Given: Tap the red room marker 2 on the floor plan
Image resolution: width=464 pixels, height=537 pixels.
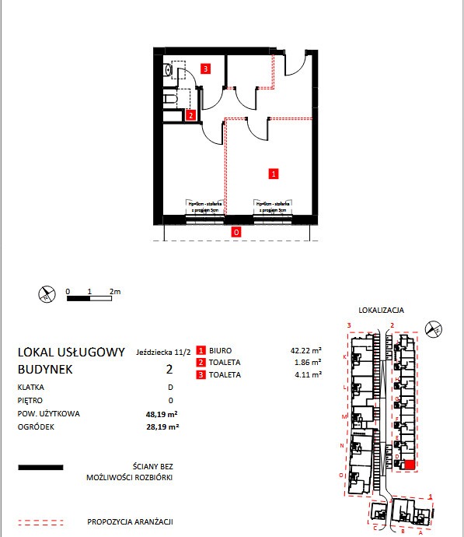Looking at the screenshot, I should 191,116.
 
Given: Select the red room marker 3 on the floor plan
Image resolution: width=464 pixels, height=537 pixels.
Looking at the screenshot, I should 205,68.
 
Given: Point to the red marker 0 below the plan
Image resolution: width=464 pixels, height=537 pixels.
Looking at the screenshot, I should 235,231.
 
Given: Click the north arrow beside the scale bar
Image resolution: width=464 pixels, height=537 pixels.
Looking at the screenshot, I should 47,293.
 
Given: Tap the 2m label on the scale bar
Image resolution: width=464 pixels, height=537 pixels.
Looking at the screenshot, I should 116,291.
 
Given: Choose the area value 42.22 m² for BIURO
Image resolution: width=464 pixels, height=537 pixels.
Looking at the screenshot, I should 306,350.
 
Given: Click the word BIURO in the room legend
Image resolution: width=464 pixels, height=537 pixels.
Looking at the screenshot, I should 221,350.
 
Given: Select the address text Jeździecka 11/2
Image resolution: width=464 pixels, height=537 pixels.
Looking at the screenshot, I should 163,352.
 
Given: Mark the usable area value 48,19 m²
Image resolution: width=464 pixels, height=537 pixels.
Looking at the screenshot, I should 163,414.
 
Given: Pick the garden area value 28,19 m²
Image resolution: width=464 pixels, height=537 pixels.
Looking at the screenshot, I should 163,427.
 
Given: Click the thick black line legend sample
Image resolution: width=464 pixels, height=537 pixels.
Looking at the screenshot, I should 40,469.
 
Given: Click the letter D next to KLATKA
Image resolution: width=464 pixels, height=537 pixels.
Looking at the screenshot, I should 169,387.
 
